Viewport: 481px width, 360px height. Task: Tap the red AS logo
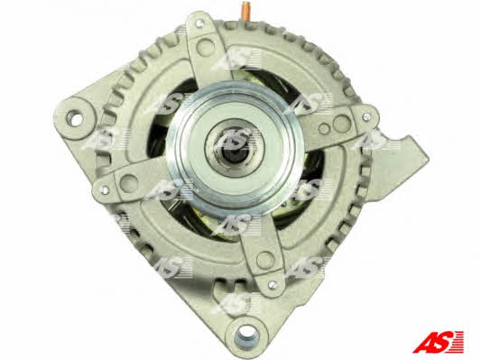pyautogui.click(x=438, y=342)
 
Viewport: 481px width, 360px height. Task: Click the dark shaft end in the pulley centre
pyautogui.click(x=233, y=154)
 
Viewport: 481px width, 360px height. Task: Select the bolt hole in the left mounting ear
pyautogui.click(x=75, y=118)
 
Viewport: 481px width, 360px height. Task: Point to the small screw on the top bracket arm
pyautogui.click(x=199, y=23)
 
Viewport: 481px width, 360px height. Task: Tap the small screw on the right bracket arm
pyautogui.click(x=366, y=116)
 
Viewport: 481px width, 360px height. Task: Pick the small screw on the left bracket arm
pyautogui.click(x=105, y=190)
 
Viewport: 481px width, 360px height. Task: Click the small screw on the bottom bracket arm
pyautogui.click(x=272, y=284)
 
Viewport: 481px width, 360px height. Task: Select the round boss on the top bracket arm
pyautogui.click(x=206, y=46)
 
